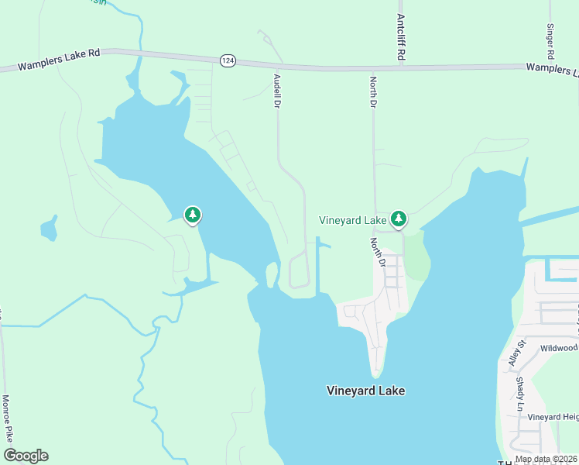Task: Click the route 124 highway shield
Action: coord(227,60)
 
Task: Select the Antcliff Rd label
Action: coord(401,38)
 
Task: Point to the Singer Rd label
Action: coord(550,41)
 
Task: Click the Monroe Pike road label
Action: coord(6,419)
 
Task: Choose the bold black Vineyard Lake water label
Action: coord(365,391)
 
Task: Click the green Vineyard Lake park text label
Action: coord(352,221)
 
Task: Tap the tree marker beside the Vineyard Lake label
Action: coord(399,219)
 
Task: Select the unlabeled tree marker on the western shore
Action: coord(192,215)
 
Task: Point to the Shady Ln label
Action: coord(520,394)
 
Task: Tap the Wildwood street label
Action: coord(559,349)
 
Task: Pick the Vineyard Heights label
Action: coord(553,417)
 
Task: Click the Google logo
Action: coord(26,456)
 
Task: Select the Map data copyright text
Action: coord(546,460)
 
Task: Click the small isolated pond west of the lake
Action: coord(49,229)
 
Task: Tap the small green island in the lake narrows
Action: coord(271,274)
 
